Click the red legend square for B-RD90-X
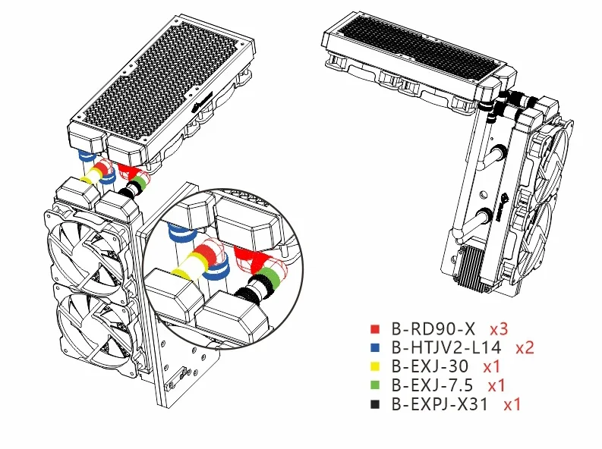(x=375, y=329)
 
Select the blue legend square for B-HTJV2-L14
(x=375, y=348)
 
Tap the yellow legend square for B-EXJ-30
(x=375, y=366)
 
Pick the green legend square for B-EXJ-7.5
(x=375, y=385)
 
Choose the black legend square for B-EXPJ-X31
(x=375, y=404)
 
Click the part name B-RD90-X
(x=433, y=329)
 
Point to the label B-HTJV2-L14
(x=446, y=347)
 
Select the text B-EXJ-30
(x=430, y=366)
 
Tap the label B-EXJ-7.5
(x=432, y=385)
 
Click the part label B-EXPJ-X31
(x=440, y=404)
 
